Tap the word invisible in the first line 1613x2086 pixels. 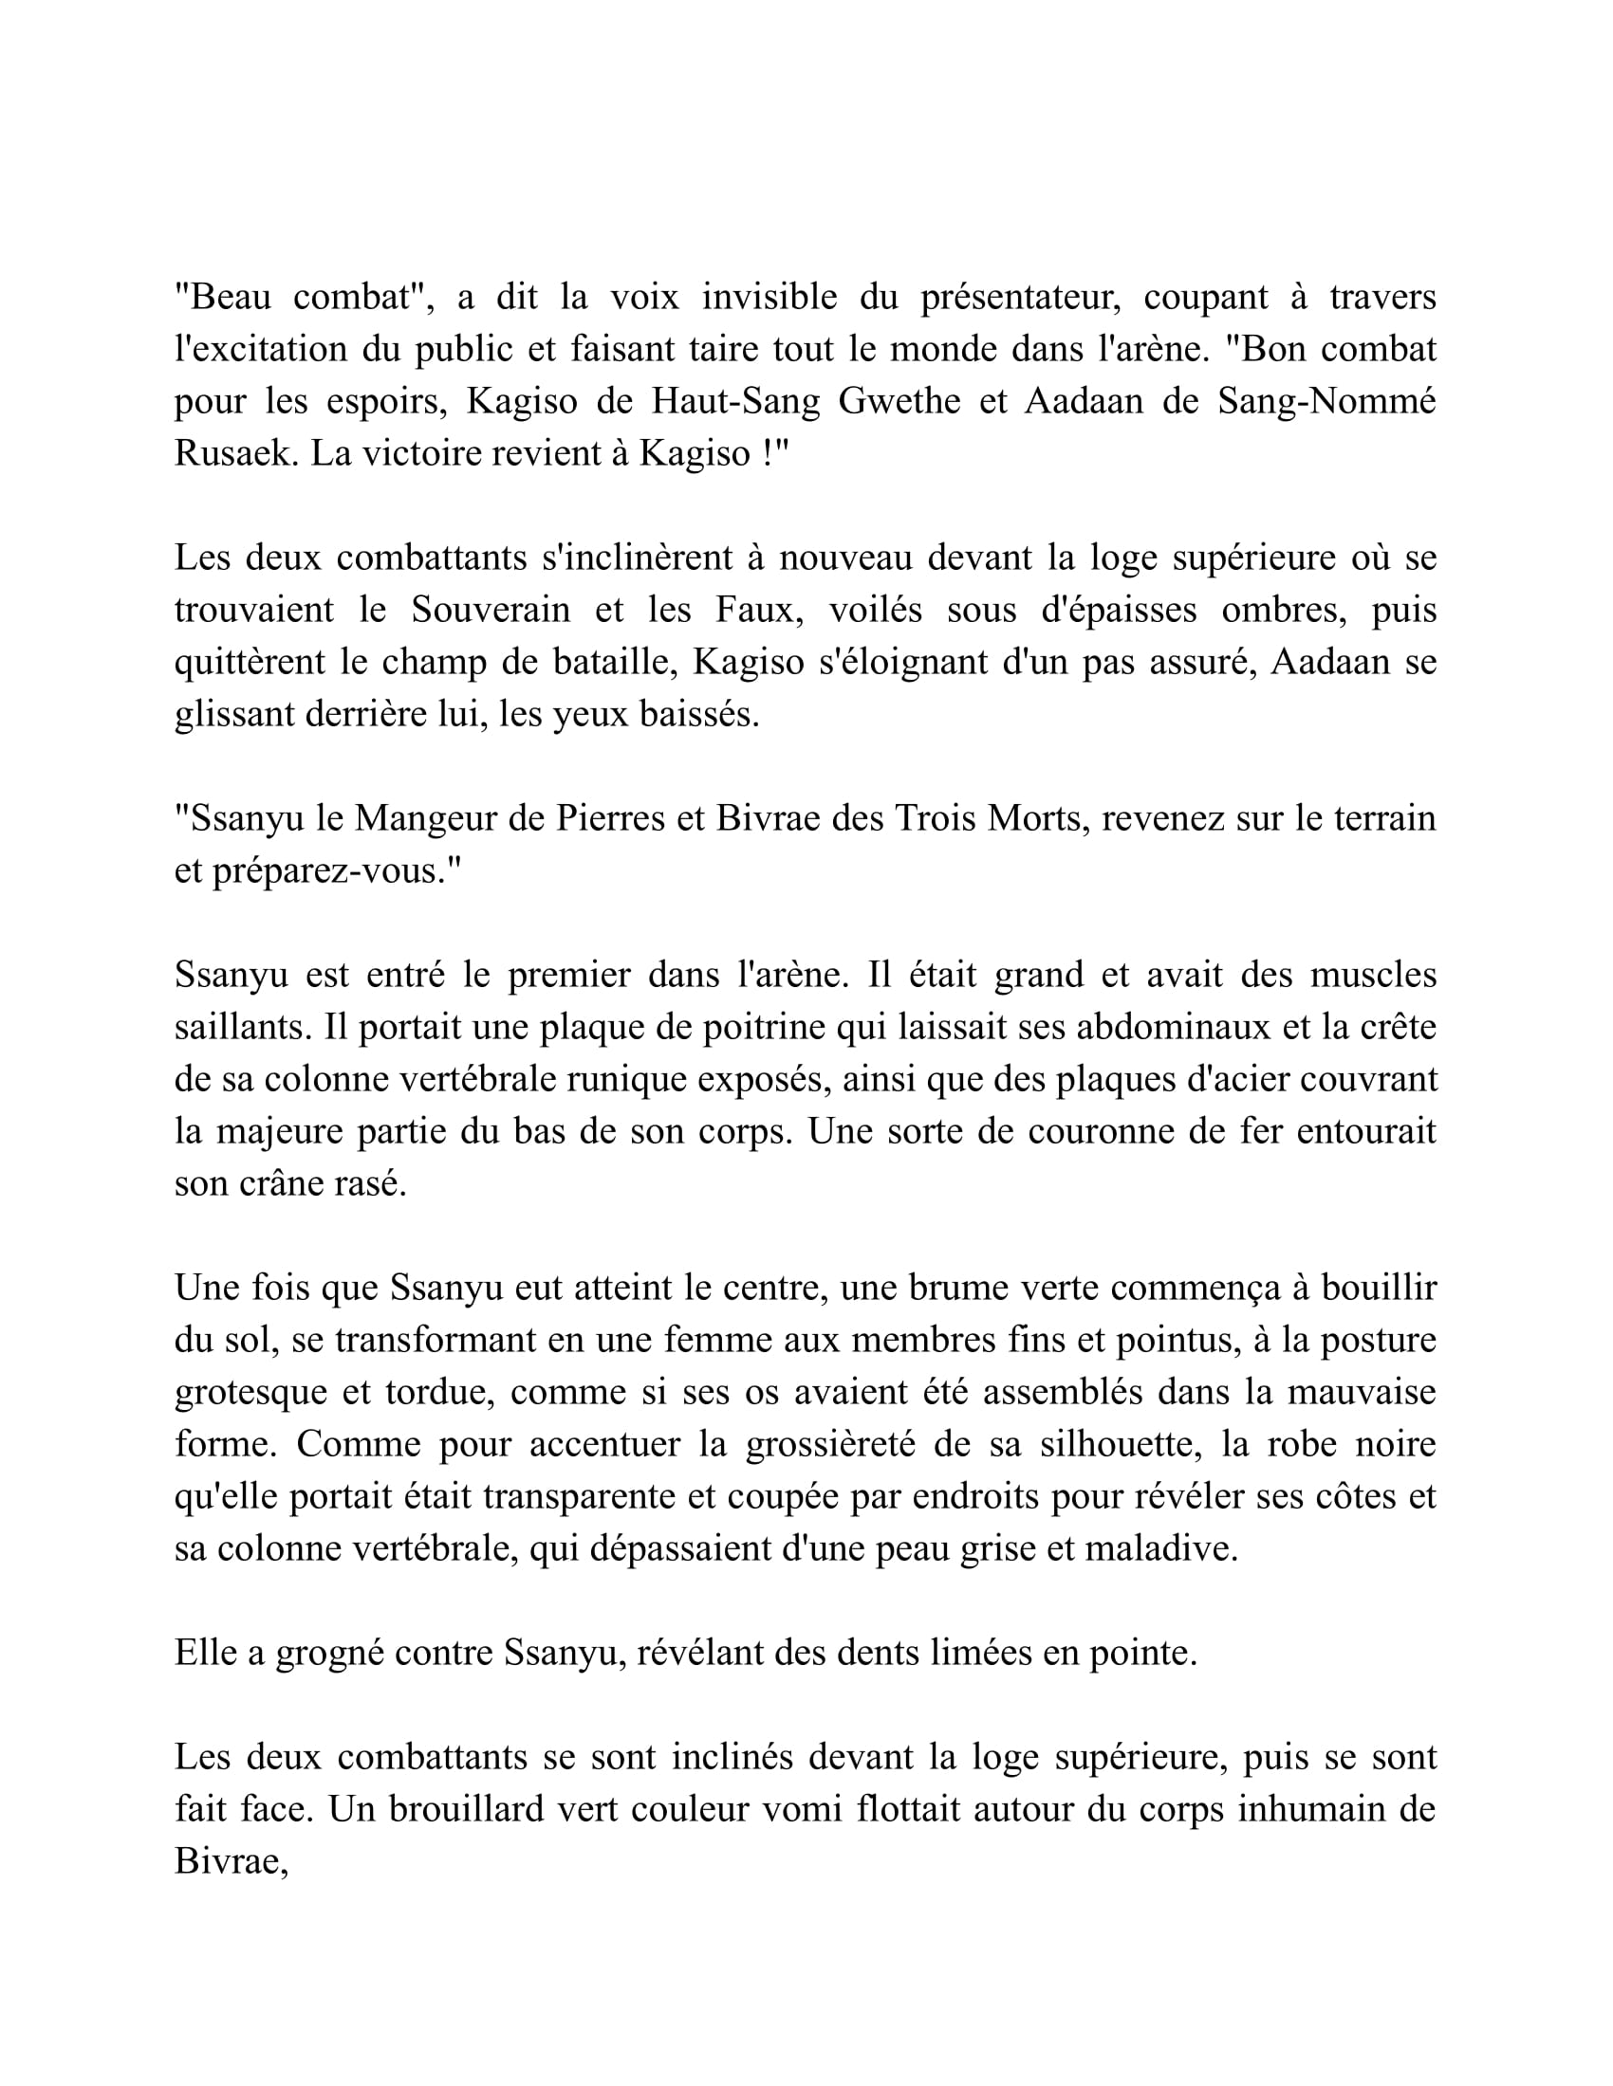pos(769,298)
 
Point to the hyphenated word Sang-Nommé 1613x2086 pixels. pos(1326,401)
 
